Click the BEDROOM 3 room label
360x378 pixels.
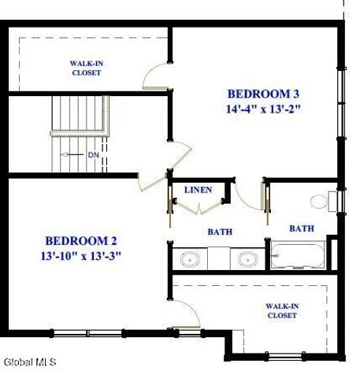[264, 91]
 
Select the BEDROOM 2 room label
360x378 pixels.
[81, 240]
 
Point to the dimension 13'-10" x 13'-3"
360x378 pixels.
[81, 255]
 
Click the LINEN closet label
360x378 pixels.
[198, 191]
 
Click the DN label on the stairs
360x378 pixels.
[93, 154]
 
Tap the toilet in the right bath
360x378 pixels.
[321, 201]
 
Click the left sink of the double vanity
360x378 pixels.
[189, 258]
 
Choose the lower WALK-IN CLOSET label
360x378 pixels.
[280, 310]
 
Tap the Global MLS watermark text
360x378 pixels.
[30, 362]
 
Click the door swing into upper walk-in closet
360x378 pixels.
[154, 77]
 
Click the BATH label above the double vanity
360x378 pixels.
[220, 232]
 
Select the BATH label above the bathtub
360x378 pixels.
[301, 228]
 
